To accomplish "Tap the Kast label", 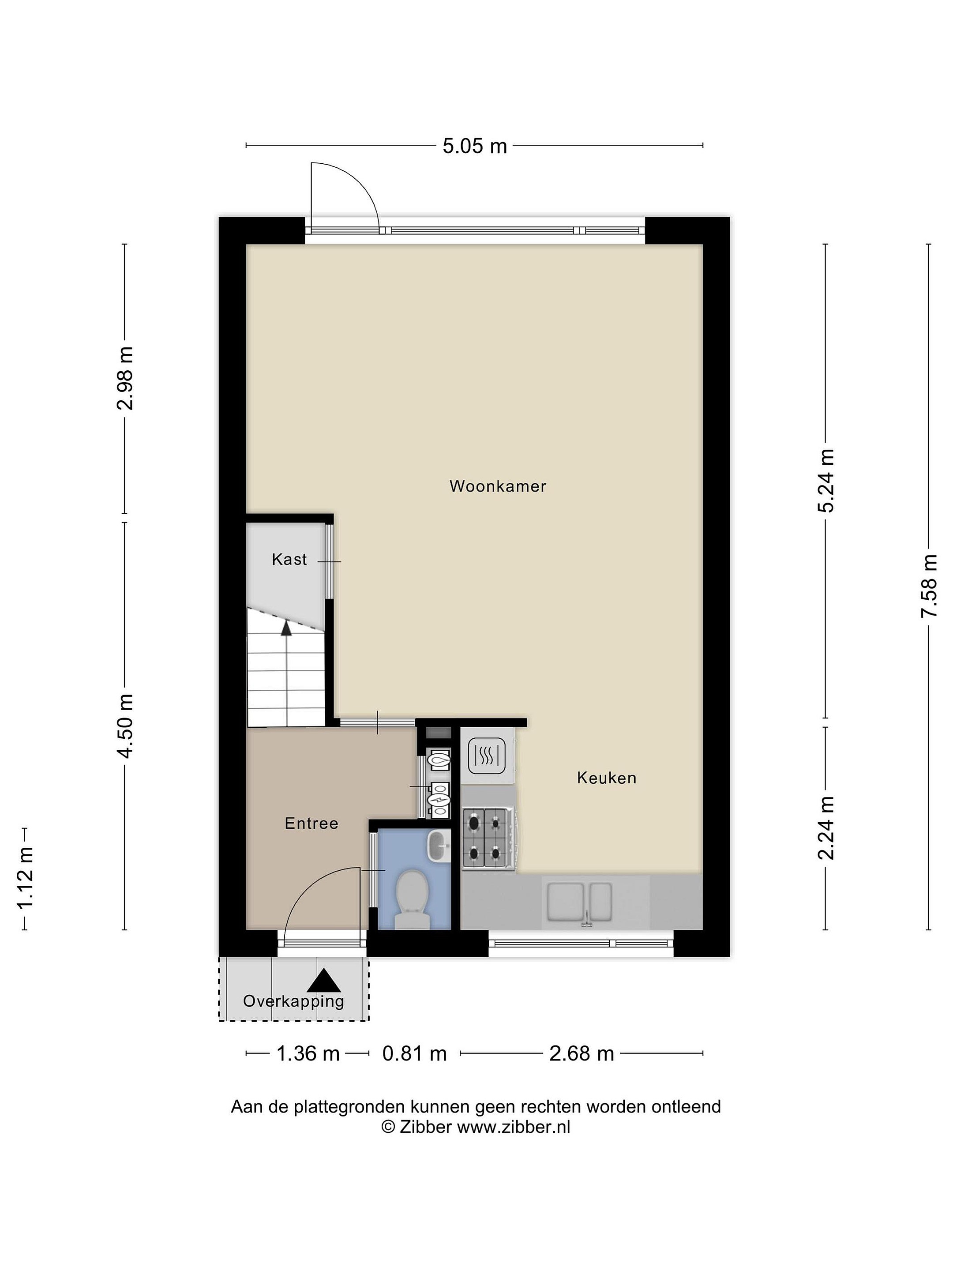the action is (289, 559).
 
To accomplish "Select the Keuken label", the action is (607, 778).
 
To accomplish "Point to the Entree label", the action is (311, 824).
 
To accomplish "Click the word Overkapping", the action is (293, 1001).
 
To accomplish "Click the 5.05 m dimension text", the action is (474, 146).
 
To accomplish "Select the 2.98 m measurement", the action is (125, 378).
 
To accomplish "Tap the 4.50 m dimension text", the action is (125, 726).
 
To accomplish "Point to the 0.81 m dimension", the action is (415, 1054).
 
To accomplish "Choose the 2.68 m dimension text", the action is (582, 1054).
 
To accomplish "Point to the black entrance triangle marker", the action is (324, 981).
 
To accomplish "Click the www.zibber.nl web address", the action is (513, 1128).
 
